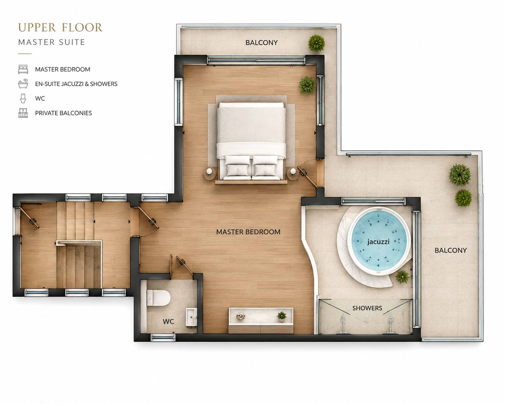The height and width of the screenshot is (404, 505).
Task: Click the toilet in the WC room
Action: tap(158, 298)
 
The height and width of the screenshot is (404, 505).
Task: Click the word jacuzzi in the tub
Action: tap(378, 242)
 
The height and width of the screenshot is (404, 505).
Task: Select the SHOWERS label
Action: tap(367, 308)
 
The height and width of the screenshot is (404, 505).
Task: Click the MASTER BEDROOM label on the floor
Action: tap(248, 232)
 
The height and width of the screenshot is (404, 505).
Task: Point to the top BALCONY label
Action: tap(262, 42)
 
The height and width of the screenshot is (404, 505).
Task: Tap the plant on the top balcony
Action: tap(317, 43)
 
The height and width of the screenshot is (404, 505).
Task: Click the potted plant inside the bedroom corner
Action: tap(307, 85)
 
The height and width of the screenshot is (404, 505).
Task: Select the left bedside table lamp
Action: tap(209, 172)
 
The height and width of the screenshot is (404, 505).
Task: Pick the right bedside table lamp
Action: tap(293, 171)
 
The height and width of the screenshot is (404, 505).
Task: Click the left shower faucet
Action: tap(343, 324)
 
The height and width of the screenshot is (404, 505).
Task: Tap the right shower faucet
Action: tap(390, 325)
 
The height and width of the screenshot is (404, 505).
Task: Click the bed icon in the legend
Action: tap(23, 69)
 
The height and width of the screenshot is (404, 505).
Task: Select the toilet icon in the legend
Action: tap(23, 98)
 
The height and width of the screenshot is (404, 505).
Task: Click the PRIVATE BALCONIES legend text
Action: tap(63, 113)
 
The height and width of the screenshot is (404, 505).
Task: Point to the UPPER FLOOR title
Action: tap(60, 27)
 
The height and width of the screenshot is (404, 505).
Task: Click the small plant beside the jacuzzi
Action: tap(402, 277)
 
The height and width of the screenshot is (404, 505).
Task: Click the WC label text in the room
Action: tap(168, 322)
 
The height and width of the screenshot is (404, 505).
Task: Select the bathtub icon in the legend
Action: tap(23, 84)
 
